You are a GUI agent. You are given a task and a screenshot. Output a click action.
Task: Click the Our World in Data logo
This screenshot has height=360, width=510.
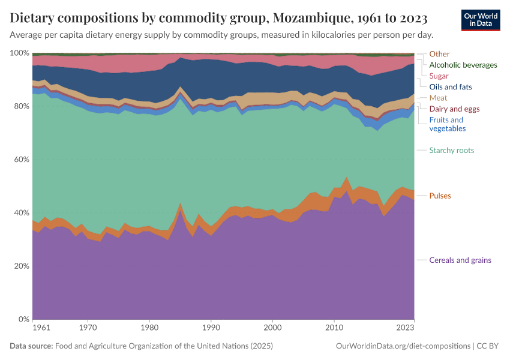480,20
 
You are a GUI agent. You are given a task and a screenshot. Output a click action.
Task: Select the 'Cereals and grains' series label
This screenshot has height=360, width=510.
460,260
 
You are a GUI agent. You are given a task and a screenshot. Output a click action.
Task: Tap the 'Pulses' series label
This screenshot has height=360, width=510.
440,196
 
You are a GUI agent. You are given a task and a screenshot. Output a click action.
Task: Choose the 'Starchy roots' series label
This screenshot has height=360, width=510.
451,151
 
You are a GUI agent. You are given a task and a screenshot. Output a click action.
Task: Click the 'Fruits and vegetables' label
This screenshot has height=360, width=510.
447,124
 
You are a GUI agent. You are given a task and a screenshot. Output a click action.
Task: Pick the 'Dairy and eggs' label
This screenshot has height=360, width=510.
455,109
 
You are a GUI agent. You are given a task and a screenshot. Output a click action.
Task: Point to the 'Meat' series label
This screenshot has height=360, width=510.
438,98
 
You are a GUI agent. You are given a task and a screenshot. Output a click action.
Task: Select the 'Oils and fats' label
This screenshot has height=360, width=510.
451,87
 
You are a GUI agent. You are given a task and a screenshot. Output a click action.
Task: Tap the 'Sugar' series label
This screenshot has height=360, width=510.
439,76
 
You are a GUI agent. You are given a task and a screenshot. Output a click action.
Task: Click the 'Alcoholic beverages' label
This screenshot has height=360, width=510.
463,65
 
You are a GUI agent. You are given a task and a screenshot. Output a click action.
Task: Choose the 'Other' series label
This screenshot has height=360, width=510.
439,54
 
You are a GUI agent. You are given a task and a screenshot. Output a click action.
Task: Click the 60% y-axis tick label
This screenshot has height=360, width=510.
21,160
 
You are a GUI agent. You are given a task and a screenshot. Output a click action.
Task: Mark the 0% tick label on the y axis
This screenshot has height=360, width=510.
23,319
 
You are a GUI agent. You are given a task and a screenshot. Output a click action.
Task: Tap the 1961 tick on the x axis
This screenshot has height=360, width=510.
42,329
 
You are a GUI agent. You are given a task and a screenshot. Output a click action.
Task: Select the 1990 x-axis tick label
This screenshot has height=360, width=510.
211,329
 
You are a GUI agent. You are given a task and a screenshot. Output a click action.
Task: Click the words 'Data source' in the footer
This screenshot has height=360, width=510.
31,346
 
